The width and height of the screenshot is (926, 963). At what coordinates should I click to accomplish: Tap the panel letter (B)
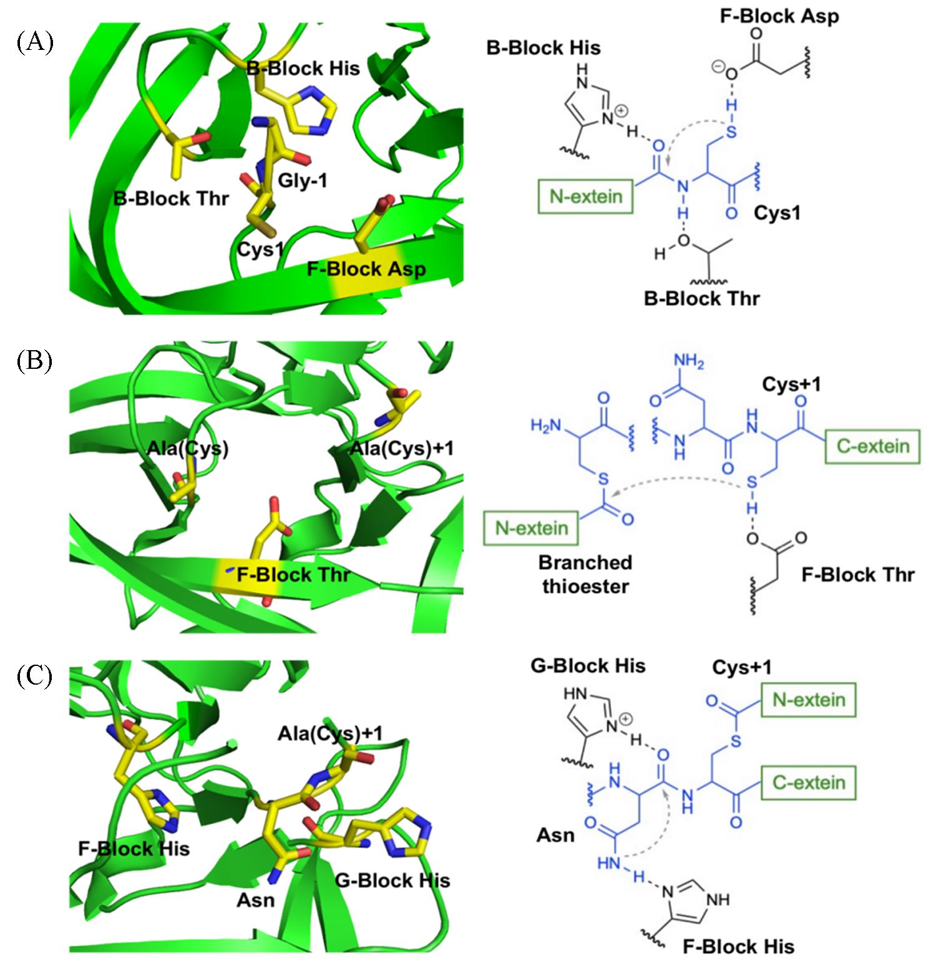coord(35,361)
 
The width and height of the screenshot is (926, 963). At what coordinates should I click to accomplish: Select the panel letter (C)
coord(35,677)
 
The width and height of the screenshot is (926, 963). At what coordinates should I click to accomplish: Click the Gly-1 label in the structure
coord(303,181)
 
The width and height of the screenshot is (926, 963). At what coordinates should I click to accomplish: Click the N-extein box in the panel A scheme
coord(586,197)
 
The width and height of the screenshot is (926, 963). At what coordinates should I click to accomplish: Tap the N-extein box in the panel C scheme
coord(809,700)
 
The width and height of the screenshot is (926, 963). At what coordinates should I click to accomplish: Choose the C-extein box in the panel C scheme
coord(809,782)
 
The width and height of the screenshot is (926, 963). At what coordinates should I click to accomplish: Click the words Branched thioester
coord(585,574)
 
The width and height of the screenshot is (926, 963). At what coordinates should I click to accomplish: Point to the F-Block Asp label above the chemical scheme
coord(779,16)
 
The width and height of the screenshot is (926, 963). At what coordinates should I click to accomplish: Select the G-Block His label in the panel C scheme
coord(588,665)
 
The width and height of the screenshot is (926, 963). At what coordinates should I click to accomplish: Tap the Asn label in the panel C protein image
coord(256,900)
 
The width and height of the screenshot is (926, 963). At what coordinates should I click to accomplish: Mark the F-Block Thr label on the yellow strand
coord(293,574)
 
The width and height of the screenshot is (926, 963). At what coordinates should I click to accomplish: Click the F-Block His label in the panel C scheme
coord(738,946)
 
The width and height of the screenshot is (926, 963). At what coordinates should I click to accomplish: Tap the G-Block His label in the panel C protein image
coord(392,880)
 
